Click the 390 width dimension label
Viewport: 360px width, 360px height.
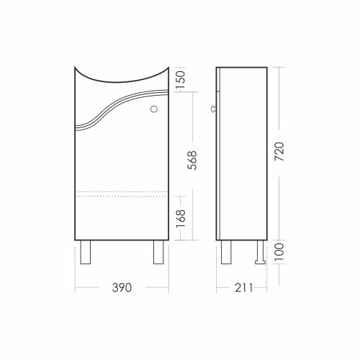coord(122,287)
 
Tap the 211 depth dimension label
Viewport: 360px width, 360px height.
coord(243,287)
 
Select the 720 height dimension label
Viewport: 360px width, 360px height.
coord(279,152)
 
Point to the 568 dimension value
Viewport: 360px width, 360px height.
coord(192,161)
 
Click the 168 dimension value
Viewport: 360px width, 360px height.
coord(181,219)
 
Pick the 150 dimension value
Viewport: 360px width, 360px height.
coord(181,79)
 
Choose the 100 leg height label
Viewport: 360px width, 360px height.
coord(279,252)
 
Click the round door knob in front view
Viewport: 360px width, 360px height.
coord(154,109)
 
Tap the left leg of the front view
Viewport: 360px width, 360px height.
coord(85,252)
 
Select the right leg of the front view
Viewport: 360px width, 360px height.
coord(158,252)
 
